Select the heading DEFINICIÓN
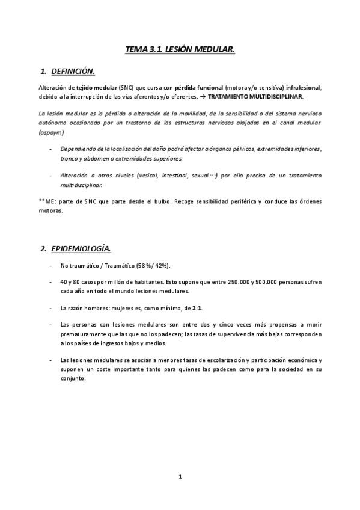(x=73, y=72)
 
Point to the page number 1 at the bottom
(x=180, y=477)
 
